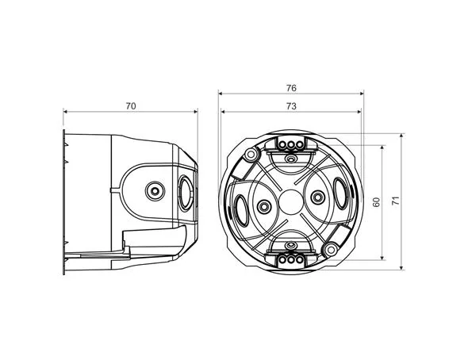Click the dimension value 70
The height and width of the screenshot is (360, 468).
coord(131,106)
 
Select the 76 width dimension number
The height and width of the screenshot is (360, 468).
coord(291,88)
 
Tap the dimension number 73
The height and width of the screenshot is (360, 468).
coord(291,106)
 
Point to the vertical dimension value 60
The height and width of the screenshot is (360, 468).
coord(376,202)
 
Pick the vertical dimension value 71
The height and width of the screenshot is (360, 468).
coord(395,201)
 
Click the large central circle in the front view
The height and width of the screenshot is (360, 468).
coord(291,202)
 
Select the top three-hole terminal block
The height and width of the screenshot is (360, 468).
coord(290,144)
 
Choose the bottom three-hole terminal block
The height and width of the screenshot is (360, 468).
coord(290,260)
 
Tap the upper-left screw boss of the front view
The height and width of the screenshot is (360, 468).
coord(251,154)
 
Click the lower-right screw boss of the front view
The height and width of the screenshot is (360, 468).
coord(331,250)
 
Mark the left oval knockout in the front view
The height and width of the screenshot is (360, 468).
coord(241,211)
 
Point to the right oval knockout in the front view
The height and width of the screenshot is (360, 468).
coord(340,193)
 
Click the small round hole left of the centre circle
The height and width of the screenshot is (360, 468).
coord(264,206)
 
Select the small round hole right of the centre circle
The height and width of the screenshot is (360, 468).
coord(317,197)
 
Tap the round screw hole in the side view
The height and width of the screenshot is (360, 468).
coord(155,191)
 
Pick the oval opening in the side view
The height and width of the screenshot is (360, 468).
coord(186,193)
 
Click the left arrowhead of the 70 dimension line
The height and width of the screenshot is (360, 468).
coord(65,112)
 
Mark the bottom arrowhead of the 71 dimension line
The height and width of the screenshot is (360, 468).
coord(401,267)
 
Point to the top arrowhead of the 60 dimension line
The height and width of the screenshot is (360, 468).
coord(382,148)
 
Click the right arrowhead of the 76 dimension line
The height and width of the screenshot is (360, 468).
coord(362,94)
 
